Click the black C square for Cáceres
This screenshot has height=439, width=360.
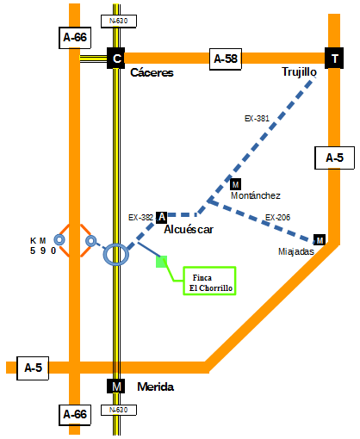click(x=115, y=58)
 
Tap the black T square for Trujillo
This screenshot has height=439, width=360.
click(x=334, y=58)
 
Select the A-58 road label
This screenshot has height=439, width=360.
click(x=226, y=59)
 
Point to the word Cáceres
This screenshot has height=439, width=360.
click(x=152, y=72)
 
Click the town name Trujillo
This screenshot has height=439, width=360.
click(x=299, y=71)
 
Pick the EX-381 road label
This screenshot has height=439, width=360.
click(x=257, y=119)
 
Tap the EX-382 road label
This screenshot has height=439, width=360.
click(x=140, y=218)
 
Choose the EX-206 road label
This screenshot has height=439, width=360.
click(x=277, y=218)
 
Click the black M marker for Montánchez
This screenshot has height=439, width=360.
click(x=235, y=184)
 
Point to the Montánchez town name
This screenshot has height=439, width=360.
click(x=256, y=195)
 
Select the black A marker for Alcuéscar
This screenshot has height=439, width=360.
click(x=162, y=217)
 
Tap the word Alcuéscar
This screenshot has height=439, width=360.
click(x=189, y=229)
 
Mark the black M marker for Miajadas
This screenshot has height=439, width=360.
click(x=320, y=240)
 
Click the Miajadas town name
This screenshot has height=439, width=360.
click(x=296, y=251)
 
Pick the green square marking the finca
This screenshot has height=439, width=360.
click(x=161, y=262)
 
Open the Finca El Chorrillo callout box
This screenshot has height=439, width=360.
click(x=209, y=281)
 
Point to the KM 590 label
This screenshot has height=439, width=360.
click(x=43, y=246)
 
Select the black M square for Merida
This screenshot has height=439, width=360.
click(x=116, y=386)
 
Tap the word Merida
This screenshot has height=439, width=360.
click(x=156, y=386)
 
